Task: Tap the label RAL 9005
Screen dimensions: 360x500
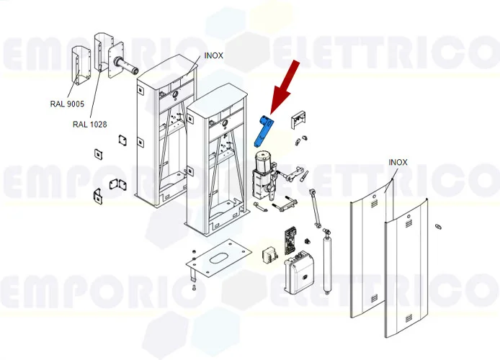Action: pyautogui.click(x=67, y=104)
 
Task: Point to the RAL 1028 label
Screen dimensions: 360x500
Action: pyautogui.click(x=89, y=125)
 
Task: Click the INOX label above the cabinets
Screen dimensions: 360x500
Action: pyautogui.click(x=214, y=55)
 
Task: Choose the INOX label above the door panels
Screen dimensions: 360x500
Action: pyautogui.click(x=398, y=163)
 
